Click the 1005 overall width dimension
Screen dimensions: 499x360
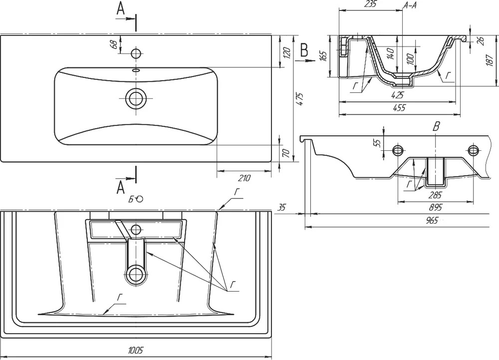(x=136, y=351)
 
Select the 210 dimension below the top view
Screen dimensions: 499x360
(x=245, y=178)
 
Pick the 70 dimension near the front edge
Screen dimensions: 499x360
(x=286, y=153)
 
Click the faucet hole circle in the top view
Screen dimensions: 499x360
(x=137, y=53)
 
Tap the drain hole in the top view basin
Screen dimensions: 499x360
(x=136, y=98)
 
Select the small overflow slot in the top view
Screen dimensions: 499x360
(x=136, y=70)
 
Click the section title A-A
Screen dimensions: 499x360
(x=410, y=5)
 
